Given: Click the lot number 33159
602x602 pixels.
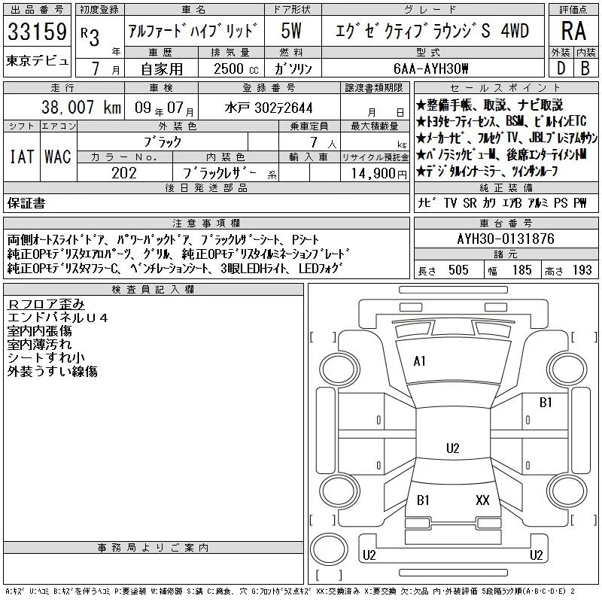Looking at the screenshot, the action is pos(37,32).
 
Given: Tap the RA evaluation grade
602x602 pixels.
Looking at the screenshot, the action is pos(573,31).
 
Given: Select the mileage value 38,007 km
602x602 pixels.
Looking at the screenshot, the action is pos(81,107).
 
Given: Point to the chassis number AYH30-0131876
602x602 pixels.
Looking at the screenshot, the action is pos(506,239).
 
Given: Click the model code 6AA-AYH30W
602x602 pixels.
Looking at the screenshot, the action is pos(430,68).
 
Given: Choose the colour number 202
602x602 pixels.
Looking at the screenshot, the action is pos(124,173).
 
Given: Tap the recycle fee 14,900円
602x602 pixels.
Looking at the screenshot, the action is pos(379,174).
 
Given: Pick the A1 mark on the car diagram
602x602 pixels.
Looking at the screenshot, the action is pos(419,361).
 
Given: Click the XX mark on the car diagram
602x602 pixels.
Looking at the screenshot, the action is pos(482,500).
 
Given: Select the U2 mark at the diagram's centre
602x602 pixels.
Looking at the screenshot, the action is pos(453,448).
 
